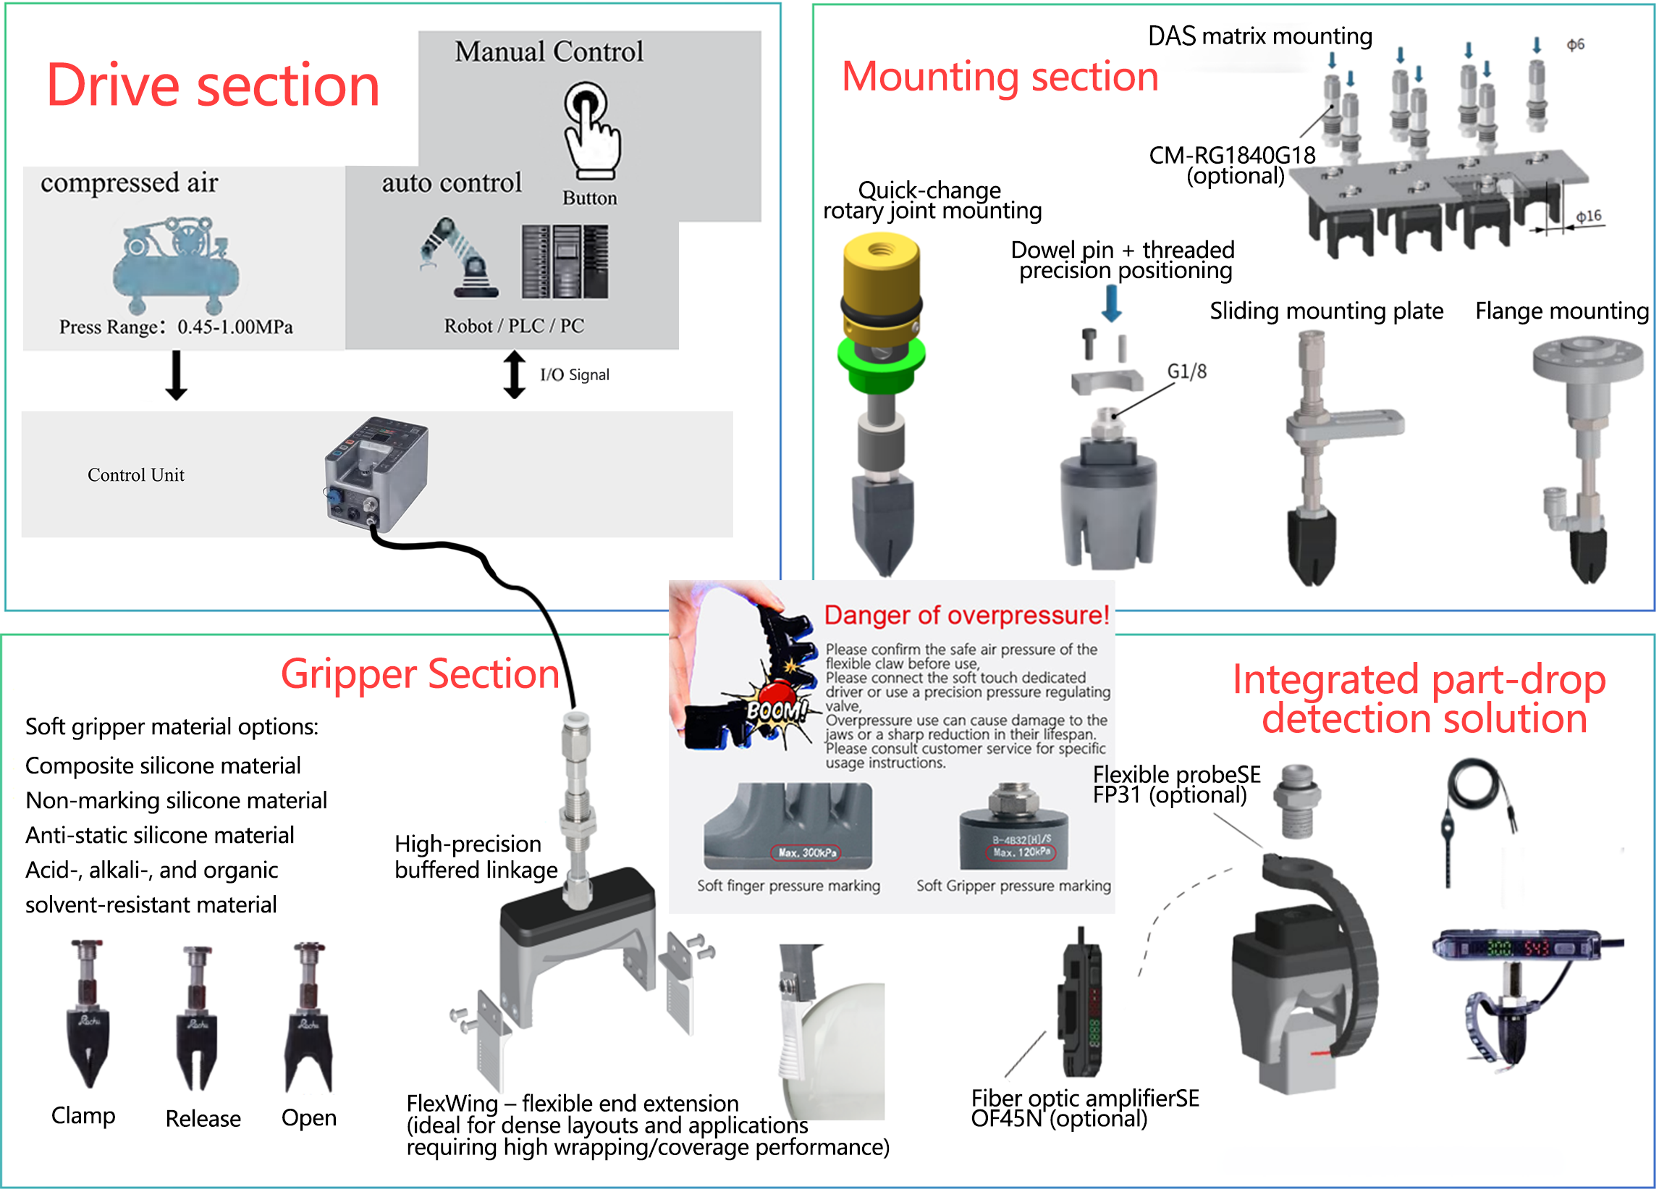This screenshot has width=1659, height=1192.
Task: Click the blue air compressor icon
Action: point(176,264)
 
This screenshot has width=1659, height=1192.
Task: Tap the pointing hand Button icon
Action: point(591,130)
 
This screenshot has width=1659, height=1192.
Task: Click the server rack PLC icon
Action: point(565,261)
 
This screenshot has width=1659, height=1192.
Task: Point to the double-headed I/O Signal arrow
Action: point(514,374)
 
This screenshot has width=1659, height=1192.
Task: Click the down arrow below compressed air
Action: point(177,374)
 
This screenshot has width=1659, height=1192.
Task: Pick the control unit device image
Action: point(376,472)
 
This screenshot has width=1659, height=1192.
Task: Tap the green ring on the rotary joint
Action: point(882,362)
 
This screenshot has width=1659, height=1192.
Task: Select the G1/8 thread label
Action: point(1186,372)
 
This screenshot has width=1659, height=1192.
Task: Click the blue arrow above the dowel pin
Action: point(1111,302)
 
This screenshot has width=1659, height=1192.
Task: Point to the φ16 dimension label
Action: point(1588,217)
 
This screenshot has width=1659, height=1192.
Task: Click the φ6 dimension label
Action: point(1575,46)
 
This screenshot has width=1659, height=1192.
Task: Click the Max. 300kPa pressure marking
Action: point(806,852)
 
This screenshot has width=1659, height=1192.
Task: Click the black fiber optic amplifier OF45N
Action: point(1081,1002)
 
